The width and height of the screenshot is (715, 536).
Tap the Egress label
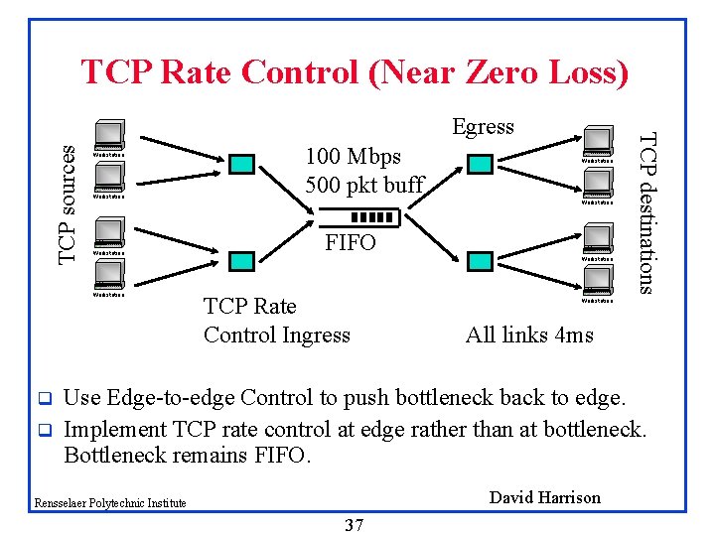483,126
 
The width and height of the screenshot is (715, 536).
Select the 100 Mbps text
354,157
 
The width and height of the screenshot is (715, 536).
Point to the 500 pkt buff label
364,185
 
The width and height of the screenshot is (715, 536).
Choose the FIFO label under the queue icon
351,242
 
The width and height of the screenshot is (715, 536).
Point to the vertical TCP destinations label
646,212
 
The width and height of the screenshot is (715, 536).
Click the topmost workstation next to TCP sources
108,136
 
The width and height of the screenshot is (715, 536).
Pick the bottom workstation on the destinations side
598,282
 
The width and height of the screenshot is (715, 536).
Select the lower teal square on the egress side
480,260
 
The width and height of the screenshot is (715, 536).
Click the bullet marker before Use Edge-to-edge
44,399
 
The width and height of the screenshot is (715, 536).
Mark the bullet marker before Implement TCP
44,431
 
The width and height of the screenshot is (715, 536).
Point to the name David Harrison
545,497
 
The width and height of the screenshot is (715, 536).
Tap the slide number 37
354,525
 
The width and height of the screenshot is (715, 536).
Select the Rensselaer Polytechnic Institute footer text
109,503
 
